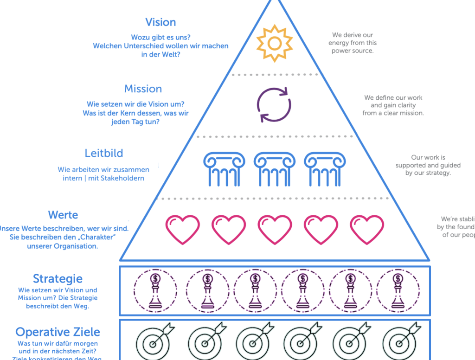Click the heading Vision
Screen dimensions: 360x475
[x=160, y=22]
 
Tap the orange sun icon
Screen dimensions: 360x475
[x=275, y=44]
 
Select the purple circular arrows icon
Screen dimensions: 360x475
[x=274, y=105]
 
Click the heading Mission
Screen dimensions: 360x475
[x=143, y=89]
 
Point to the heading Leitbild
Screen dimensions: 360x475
[x=103, y=153]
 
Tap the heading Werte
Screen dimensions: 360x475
[x=63, y=215]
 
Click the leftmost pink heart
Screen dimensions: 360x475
[x=183, y=229]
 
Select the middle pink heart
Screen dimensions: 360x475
[x=275, y=229]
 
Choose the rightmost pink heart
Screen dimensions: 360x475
[x=367, y=229]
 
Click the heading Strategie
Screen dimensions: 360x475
[x=58, y=279]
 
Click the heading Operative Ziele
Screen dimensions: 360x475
[x=58, y=332]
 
